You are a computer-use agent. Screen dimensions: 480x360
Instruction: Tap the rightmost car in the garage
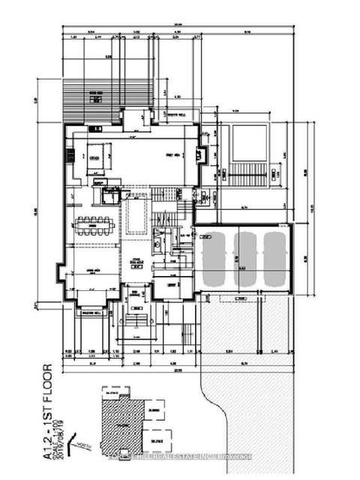click(274, 259)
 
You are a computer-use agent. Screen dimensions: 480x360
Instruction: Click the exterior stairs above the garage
click(246, 177)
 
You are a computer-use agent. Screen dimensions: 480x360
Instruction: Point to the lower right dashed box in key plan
click(157, 434)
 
